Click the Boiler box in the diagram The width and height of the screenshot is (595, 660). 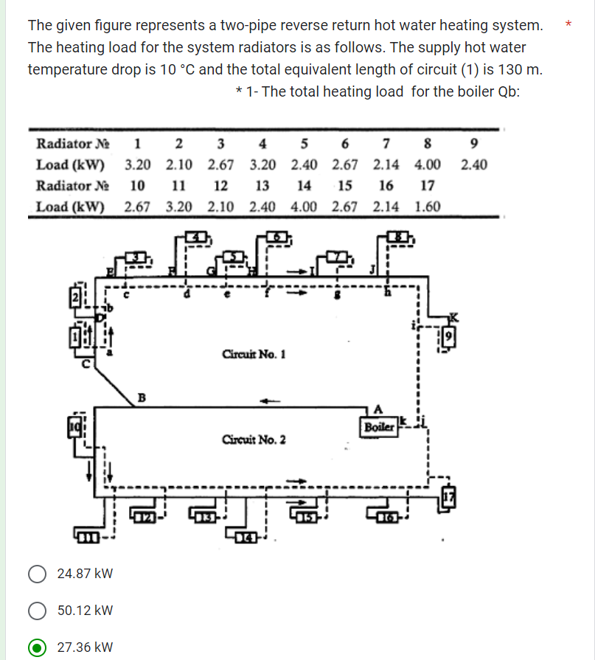(x=378, y=427)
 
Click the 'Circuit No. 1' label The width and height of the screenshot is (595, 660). (x=253, y=354)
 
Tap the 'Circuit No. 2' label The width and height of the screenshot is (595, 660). (x=253, y=440)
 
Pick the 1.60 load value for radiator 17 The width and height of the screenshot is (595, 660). (x=428, y=206)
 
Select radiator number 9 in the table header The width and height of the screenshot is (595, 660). (x=473, y=143)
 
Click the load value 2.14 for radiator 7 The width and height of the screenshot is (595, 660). (x=386, y=164)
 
